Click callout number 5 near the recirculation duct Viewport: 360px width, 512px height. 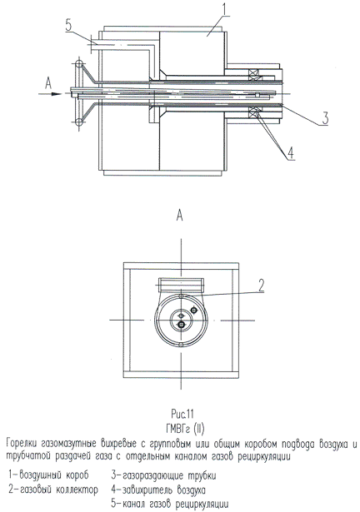(x=68, y=25)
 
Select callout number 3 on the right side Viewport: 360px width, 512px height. (x=325, y=118)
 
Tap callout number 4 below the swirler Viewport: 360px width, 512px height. (x=292, y=153)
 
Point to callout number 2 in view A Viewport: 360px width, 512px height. (x=261, y=286)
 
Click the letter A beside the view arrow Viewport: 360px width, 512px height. (x=48, y=84)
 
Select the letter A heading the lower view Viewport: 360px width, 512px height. (x=179, y=216)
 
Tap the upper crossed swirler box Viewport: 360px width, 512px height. (x=255, y=75)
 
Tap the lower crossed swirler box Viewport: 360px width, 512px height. (x=255, y=113)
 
